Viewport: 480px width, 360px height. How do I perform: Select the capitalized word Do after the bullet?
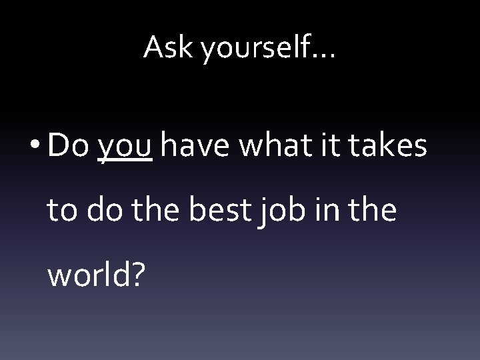click(x=69, y=146)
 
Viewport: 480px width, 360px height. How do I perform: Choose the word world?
click(x=85, y=273)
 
